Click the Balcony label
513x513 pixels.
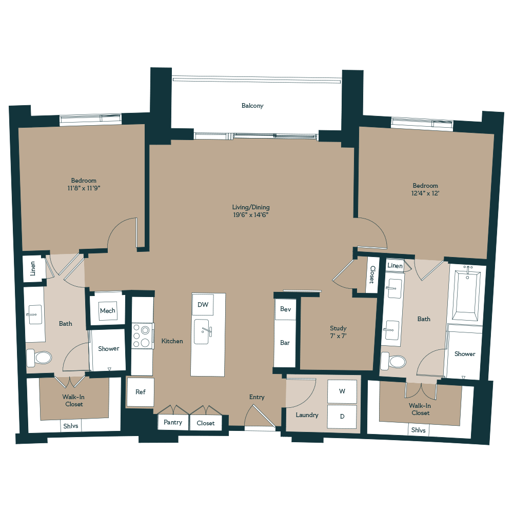(252, 106)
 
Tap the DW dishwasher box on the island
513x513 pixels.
(203, 305)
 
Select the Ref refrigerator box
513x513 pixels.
(141, 392)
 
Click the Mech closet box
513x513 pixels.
(108, 311)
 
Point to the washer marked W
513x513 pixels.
(342, 391)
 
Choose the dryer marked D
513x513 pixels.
(342, 417)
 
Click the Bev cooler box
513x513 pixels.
(285, 310)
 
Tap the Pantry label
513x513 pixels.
(173, 423)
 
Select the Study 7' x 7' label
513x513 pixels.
(338, 332)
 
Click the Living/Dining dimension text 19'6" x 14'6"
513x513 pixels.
(250, 215)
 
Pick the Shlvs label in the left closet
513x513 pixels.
(71, 426)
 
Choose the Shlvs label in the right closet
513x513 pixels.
(419, 430)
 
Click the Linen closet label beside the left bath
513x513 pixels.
(33, 268)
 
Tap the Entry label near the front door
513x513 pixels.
(257, 397)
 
